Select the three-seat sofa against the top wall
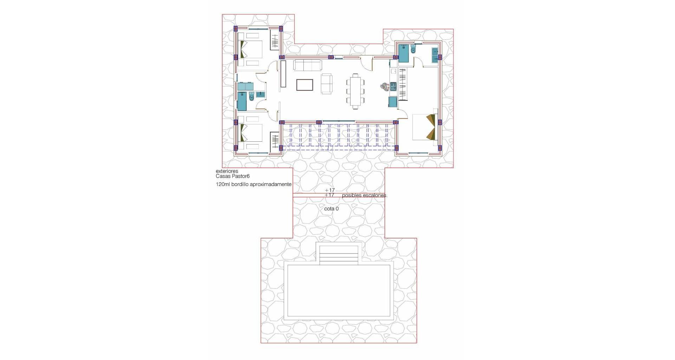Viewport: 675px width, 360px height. [x=307, y=65]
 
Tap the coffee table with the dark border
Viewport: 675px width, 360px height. [x=304, y=85]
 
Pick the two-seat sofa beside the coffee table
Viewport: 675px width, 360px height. [x=326, y=84]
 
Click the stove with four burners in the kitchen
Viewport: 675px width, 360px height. [x=393, y=86]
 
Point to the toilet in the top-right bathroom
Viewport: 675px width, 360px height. [x=413, y=49]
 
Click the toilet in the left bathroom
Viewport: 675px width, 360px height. [x=251, y=96]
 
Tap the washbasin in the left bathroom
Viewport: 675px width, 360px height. [x=261, y=94]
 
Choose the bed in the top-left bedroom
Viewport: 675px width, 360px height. [x=251, y=49]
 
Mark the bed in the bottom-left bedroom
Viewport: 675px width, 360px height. [x=251, y=133]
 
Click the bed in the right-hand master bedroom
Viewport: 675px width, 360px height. [x=424, y=127]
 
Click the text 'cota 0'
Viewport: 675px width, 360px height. [x=331, y=209]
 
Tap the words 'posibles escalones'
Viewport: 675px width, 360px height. [x=364, y=195]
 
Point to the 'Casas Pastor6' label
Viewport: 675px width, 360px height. [x=233, y=176]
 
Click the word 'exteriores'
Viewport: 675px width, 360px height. [x=227, y=171]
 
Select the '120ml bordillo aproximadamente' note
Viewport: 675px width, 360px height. [x=253, y=184]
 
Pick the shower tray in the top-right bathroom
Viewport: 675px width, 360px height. [x=404, y=53]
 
